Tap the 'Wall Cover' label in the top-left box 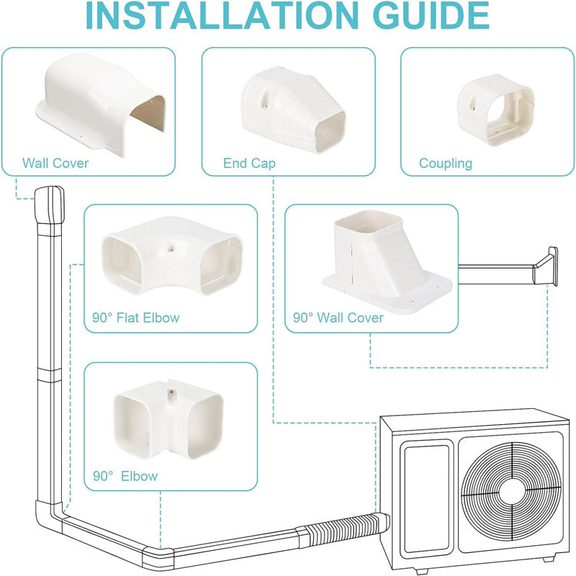tap(55, 163)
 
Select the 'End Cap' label tap(249, 163)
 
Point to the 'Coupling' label tap(446, 163)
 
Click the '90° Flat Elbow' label tap(136, 318)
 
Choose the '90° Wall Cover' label tap(338, 318)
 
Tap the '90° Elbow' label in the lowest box tap(125, 476)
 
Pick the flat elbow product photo tap(170, 261)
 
